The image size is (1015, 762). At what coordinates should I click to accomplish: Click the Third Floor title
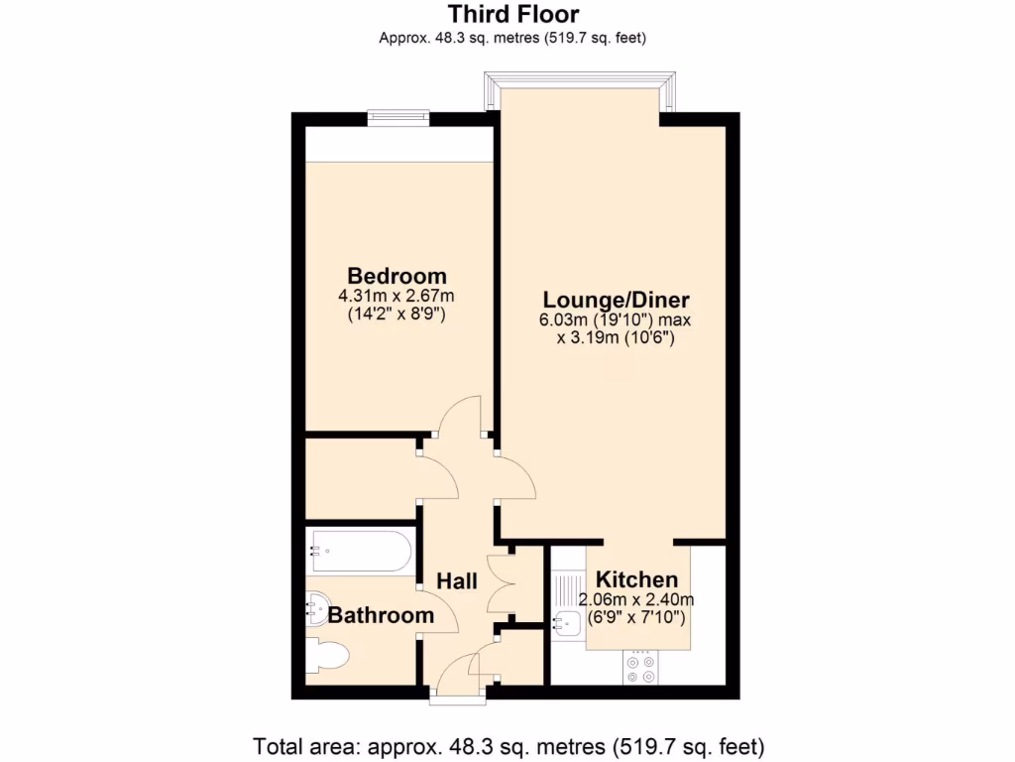[512, 14]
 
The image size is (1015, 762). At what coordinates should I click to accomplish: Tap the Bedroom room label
[396, 276]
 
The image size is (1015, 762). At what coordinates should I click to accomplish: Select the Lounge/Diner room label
[616, 300]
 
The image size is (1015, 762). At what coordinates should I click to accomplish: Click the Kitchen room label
[636, 579]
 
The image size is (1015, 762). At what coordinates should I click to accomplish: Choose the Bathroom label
[381, 615]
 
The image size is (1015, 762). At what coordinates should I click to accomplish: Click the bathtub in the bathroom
[359, 551]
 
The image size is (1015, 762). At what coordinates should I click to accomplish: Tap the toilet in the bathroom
[327, 657]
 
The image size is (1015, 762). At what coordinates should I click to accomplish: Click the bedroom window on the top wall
[397, 118]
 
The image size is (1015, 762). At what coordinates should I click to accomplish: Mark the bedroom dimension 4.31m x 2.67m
[396, 296]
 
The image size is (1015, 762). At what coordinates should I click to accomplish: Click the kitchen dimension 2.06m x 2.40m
[636, 599]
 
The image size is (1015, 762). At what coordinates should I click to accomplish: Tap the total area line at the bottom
[509, 745]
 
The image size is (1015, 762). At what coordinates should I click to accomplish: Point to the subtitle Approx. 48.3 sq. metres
[512, 38]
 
